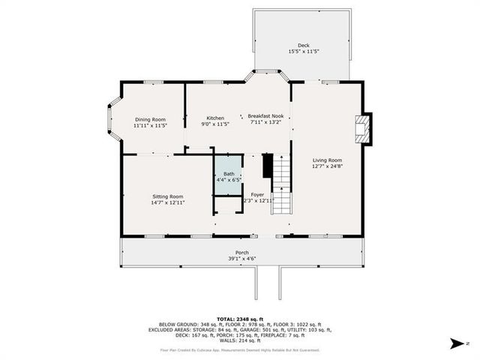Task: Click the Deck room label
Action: [x=304, y=44]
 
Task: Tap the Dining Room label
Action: [x=149, y=119]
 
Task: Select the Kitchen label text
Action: [x=215, y=118]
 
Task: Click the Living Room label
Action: [x=327, y=160]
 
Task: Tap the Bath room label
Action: [x=228, y=174]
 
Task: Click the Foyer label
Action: [x=257, y=194]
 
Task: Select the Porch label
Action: [x=242, y=252]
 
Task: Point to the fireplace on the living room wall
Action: [x=363, y=128]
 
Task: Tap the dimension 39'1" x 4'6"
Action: [x=242, y=259]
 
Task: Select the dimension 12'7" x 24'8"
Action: [x=327, y=166]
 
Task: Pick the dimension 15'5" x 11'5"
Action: [x=304, y=51]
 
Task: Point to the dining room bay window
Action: [x=113, y=119]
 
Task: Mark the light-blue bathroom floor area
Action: [x=228, y=166]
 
